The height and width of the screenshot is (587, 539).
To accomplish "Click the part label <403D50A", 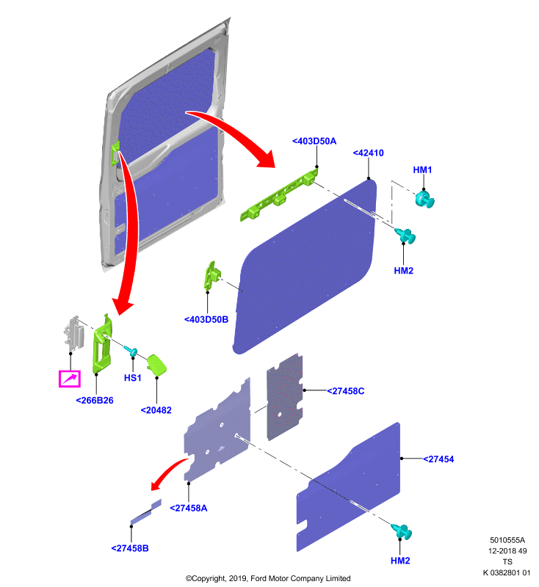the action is [314, 141].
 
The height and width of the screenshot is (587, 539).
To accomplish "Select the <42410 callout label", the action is [368, 153].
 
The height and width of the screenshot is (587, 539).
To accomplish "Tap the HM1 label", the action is [422, 169].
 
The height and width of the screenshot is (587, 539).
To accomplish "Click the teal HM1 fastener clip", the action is [424, 198].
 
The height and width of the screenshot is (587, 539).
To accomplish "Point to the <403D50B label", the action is [206, 319].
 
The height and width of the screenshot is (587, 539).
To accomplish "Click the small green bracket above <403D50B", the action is [211, 275].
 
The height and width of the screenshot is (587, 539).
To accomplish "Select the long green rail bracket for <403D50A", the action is [279, 194].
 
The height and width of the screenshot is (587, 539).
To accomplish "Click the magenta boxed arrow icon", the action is [70, 379].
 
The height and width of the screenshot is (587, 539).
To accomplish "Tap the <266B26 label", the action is [95, 400].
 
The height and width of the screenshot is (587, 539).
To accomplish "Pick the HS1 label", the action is [133, 378].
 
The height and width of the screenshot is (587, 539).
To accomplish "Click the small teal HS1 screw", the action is [131, 351].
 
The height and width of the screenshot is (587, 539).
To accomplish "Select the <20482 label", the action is [156, 410].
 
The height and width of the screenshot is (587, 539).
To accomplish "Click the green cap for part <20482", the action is [156, 365].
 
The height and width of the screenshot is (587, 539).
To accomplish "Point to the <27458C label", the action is [345, 391].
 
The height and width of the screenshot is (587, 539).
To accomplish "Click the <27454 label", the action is [438, 459].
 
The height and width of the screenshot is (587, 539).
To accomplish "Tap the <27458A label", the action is [189, 508].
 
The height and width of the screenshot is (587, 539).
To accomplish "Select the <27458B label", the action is [129, 548].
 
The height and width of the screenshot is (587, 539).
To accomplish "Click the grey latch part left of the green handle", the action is [73, 333].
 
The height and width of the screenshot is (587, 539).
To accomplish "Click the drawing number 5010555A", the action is [507, 540].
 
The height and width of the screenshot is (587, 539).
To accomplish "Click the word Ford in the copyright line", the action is [258, 578].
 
